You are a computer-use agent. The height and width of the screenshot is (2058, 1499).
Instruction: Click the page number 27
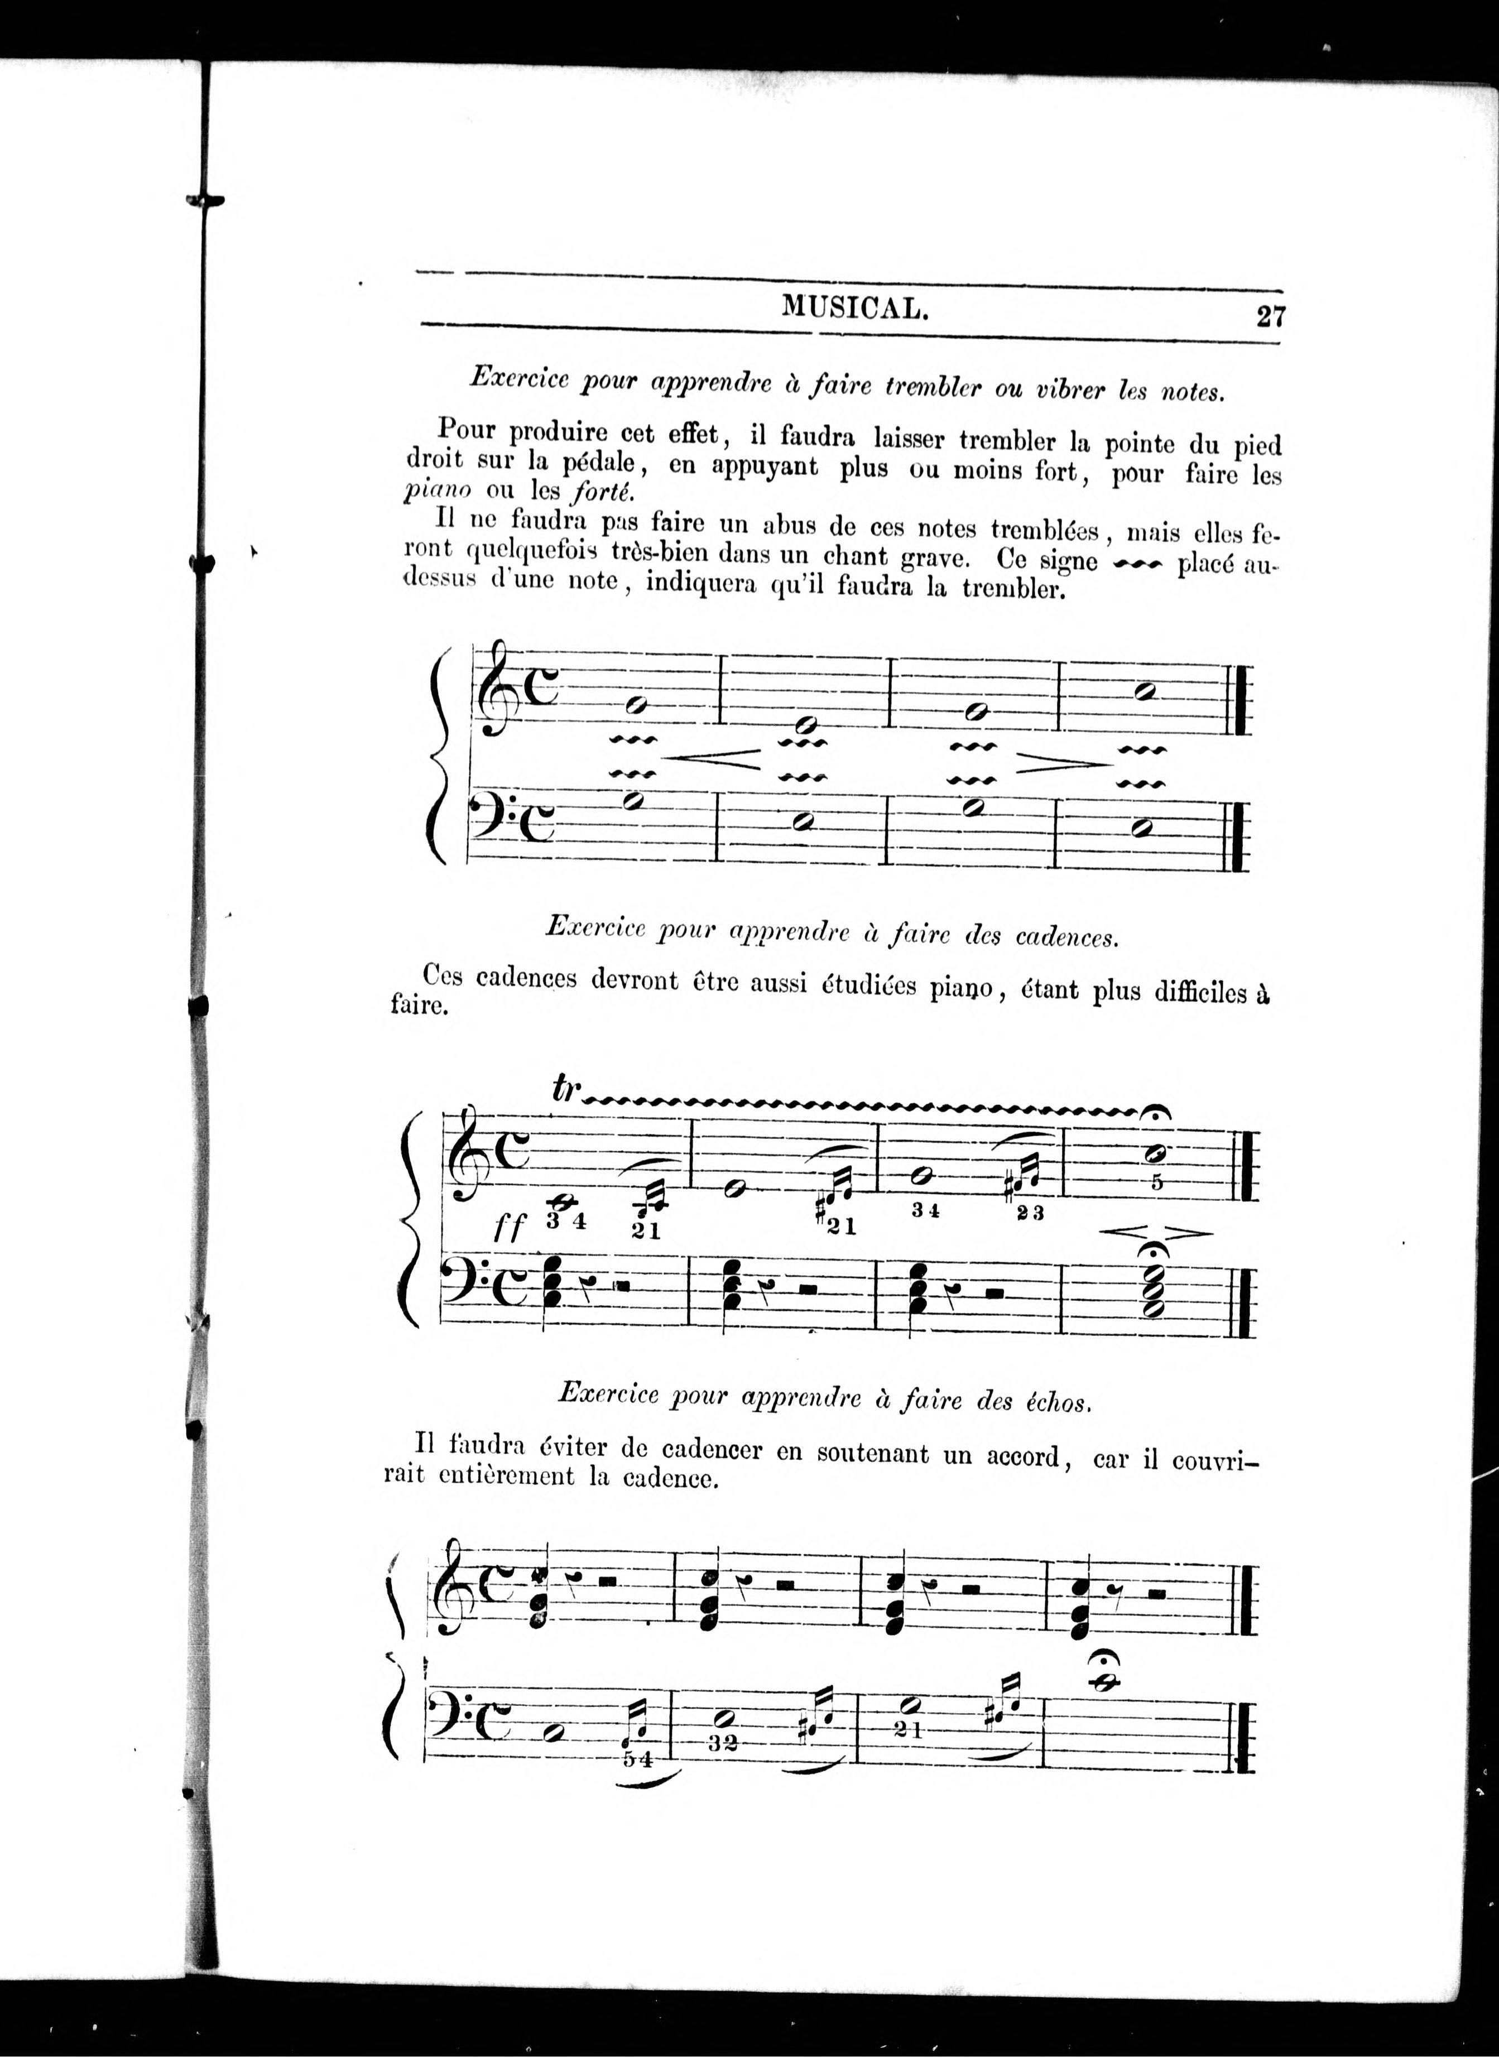[x=1270, y=317]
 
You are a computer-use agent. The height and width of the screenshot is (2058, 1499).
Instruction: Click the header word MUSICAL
[x=855, y=310]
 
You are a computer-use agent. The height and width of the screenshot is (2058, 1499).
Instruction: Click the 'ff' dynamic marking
[x=509, y=1229]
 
